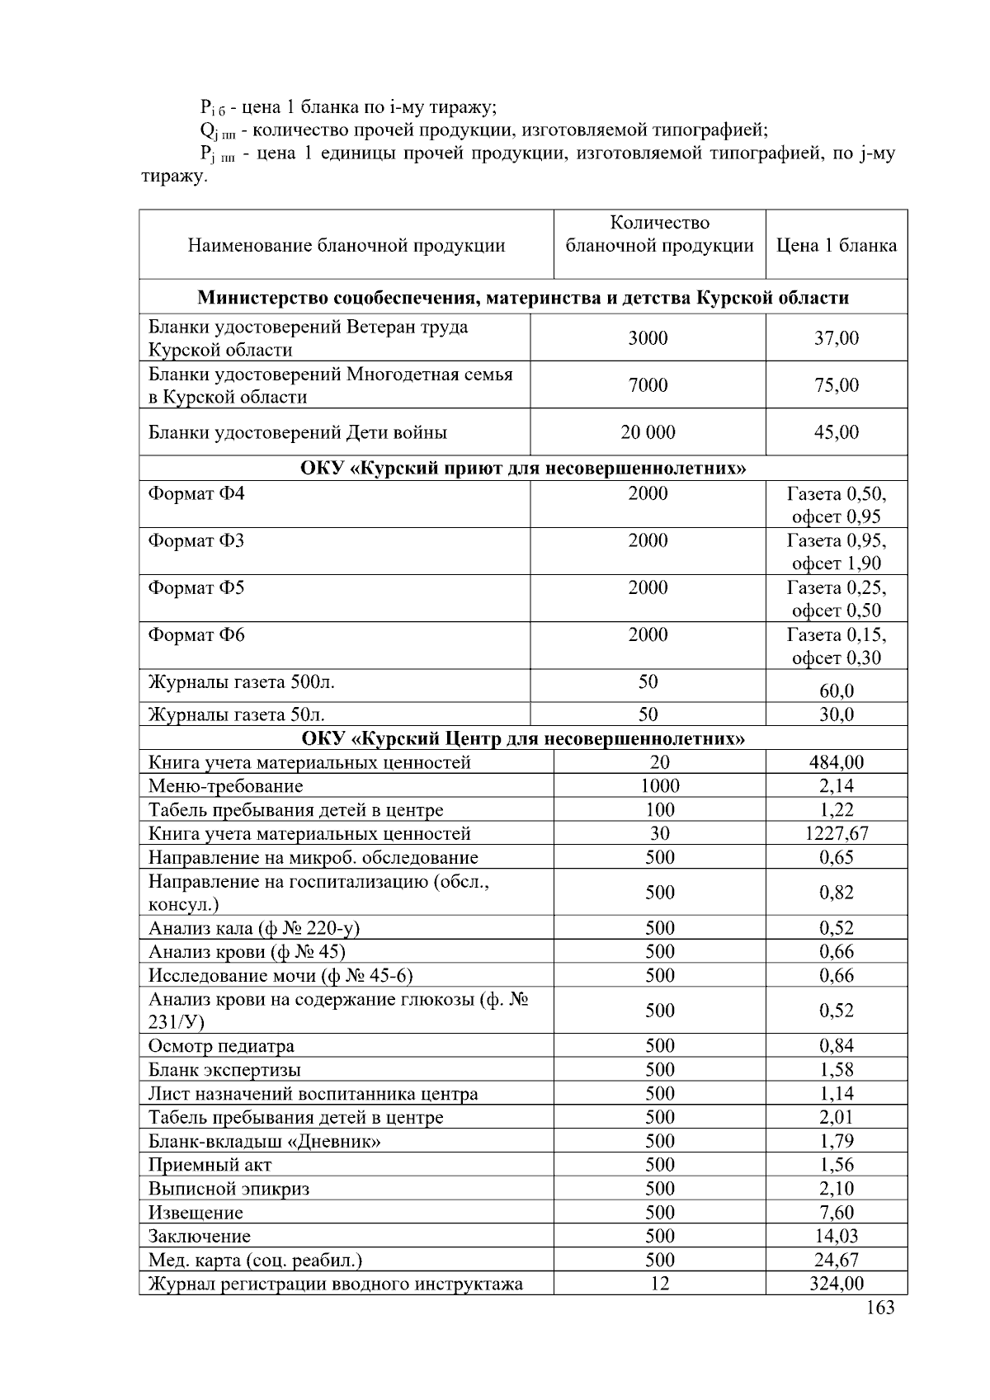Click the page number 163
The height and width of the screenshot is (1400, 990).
tap(880, 1308)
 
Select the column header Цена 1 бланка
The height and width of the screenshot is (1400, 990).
tap(836, 245)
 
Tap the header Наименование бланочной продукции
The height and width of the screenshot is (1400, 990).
tap(346, 245)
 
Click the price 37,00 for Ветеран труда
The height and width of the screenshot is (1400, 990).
tap(836, 337)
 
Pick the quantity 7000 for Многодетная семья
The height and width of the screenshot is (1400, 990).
tap(648, 384)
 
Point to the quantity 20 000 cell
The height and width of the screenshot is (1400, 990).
tap(648, 431)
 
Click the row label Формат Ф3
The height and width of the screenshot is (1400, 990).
tap(196, 540)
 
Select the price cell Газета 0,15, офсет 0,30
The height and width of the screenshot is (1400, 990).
tap(836, 646)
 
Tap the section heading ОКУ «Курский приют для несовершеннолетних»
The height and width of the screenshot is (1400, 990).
tap(522, 469)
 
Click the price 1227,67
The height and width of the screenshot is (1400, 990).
tap(836, 833)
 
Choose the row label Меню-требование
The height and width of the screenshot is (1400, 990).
tap(225, 786)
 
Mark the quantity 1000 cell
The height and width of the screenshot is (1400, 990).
tap(659, 785)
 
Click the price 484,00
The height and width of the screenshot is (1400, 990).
tap(836, 762)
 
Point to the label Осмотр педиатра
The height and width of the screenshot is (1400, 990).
tap(221, 1046)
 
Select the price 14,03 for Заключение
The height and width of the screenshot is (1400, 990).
tap(836, 1236)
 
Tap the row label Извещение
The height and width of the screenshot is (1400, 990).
tap(196, 1213)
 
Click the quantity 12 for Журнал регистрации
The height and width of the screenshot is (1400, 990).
tap(659, 1283)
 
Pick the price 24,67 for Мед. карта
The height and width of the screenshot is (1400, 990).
tap(836, 1260)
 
